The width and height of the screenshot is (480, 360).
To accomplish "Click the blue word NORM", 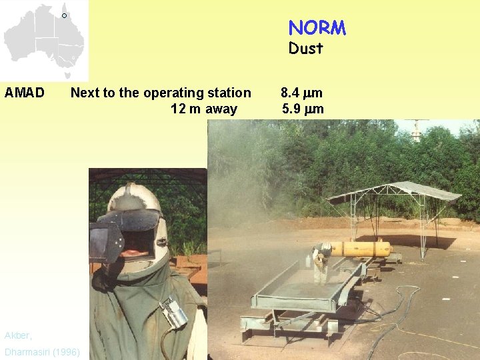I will click(x=317, y=28).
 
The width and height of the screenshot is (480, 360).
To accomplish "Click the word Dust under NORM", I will click(x=305, y=49).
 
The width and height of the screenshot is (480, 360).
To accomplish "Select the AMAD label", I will click(x=25, y=93).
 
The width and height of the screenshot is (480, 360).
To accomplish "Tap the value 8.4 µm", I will click(x=302, y=93).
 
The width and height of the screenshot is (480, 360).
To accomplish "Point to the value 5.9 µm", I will click(x=303, y=109).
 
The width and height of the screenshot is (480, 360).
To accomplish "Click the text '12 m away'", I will click(x=203, y=109).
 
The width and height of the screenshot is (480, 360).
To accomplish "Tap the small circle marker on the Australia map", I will click(x=65, y=15).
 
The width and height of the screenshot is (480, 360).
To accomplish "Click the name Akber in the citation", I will click(x=17, y=335).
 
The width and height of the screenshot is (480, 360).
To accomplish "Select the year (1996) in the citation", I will click(x=65, y=351).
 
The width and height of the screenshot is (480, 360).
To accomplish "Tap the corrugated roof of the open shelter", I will click(x=395, y=191).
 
